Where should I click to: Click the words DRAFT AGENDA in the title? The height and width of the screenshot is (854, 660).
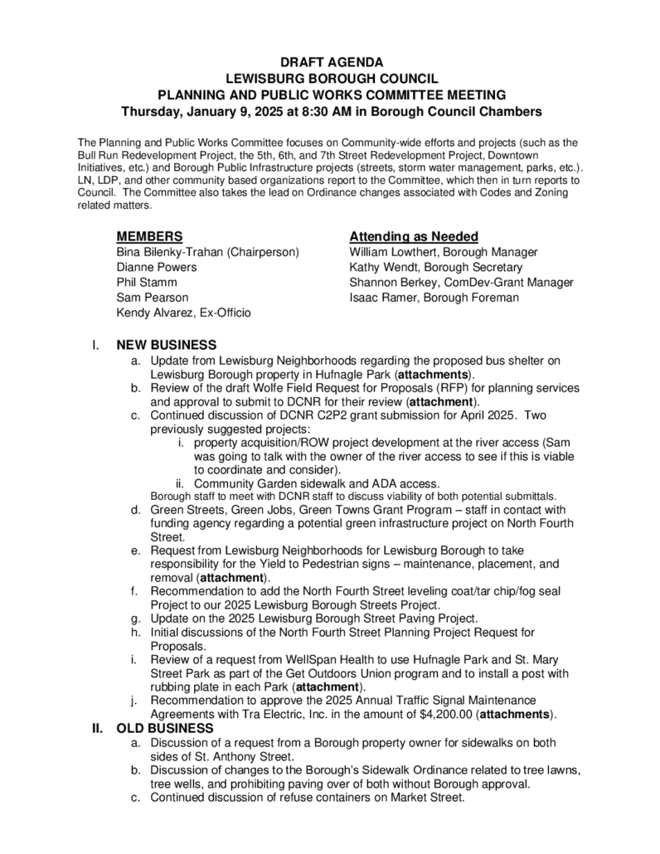coord(331,62)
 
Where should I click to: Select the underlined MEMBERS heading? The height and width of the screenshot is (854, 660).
coord(150,236)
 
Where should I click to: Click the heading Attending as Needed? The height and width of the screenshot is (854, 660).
coord(414,236)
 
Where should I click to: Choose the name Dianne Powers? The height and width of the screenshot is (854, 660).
coord(157,267)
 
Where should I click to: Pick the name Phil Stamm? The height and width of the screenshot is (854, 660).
coord(147,282)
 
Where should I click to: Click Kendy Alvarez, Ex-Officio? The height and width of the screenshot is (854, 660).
coord(184,313)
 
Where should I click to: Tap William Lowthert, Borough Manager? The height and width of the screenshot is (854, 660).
coord(444,252)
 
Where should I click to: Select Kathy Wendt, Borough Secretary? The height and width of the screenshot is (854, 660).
coord(436,267)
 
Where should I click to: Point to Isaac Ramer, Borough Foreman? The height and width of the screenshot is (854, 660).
coord(434,298)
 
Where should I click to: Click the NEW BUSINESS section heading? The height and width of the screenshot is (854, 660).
coord(167,345)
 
